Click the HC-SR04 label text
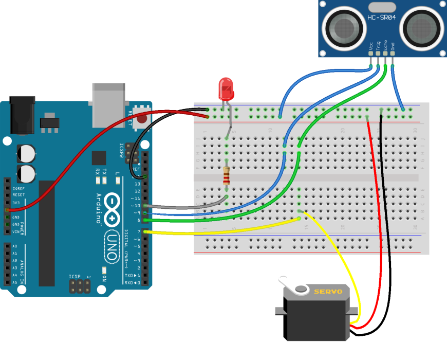(381, 18)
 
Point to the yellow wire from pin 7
(221, 231)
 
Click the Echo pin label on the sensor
(385, 45)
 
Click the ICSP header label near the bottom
(75, 277)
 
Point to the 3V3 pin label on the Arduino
(16, 203)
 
